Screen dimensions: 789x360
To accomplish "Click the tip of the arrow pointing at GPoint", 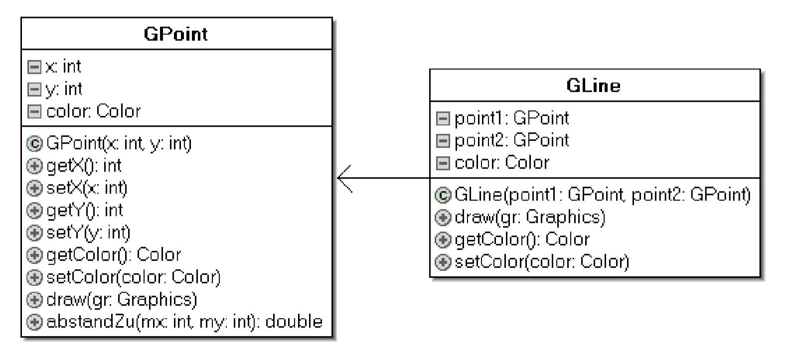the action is (x=337, y=178).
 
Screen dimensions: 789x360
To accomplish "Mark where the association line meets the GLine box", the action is (x=430, y=178).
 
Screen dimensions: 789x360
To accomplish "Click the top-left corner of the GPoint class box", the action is (x=21, y=17).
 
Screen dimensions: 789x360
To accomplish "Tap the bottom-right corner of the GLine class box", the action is (x=760, y=277).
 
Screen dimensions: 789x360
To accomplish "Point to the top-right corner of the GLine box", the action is (x=760, y=69).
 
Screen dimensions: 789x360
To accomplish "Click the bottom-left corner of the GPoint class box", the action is (x=21, y=337).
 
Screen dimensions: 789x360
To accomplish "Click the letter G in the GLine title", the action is (x=574, y=86).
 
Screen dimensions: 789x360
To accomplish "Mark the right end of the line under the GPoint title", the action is (x=332, y=49).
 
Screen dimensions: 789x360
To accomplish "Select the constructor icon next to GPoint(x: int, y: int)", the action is (x=34, y=144).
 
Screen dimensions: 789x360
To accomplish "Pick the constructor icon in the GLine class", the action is (x=443, y=195).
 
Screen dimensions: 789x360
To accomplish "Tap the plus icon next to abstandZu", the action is (x=34, y=322).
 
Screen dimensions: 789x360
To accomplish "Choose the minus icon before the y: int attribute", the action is (x=34, y=89).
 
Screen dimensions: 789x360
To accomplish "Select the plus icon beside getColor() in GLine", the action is (x=443, y=240).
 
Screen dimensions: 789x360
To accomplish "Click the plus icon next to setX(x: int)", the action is (x=34, y=188).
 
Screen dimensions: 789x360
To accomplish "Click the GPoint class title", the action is (x=176, y=34).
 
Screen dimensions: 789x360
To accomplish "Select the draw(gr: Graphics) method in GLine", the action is (x=530, y=217).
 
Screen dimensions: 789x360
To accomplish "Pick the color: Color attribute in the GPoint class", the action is (x=93, y=111).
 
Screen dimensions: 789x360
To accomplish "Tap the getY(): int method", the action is (x=85, y=211).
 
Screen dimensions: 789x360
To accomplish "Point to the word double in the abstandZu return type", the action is (x=294, y=322).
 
